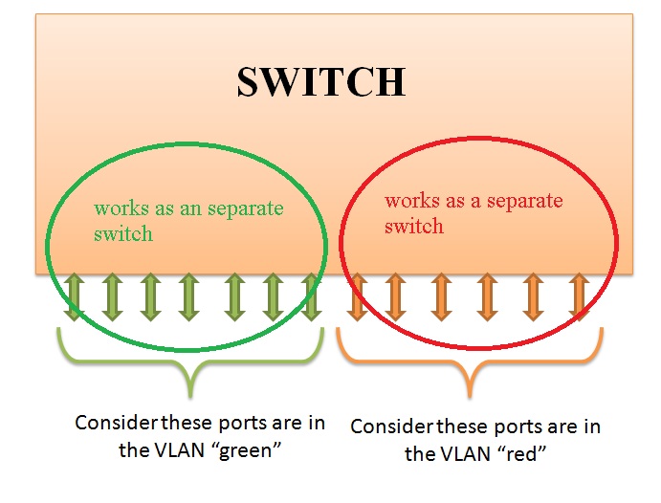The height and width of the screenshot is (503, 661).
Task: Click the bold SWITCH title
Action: (x=320, y=83)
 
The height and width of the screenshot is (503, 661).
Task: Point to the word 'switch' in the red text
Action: (x=413, y=227)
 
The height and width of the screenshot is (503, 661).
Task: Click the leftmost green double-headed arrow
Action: (x=75, y=296)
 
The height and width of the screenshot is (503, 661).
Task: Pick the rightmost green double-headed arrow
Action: (x=310, y=296)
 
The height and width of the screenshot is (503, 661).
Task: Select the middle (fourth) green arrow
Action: (x=188, y=296)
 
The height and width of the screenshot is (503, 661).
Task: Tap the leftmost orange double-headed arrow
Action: (x=357, y=296)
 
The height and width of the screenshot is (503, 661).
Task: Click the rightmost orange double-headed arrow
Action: (x=577, y=296)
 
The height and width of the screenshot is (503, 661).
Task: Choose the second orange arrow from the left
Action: (x=395, y=296)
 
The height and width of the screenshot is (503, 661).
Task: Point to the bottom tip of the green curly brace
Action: (x=190, y=393)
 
